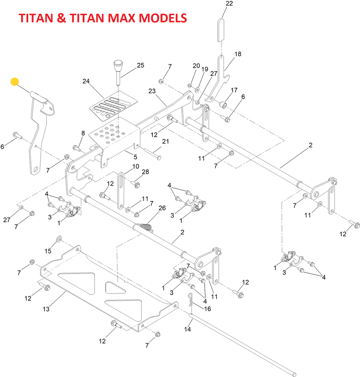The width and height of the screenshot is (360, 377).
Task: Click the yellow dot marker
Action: [14, 82]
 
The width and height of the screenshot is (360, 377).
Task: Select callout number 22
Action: [229, 4]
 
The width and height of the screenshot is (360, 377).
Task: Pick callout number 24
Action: [86, 82]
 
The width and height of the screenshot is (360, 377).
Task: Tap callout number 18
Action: [238, 54]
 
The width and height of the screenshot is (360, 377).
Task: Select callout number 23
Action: [152, 91]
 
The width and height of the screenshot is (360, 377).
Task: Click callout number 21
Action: [166, 141]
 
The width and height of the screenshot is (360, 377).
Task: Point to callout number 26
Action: [162, 208]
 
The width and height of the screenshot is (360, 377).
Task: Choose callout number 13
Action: [46, 309]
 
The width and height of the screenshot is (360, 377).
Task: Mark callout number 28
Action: [146, 172]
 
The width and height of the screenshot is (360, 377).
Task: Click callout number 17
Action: [234, 90]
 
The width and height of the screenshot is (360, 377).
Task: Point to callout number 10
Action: [136, 166]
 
